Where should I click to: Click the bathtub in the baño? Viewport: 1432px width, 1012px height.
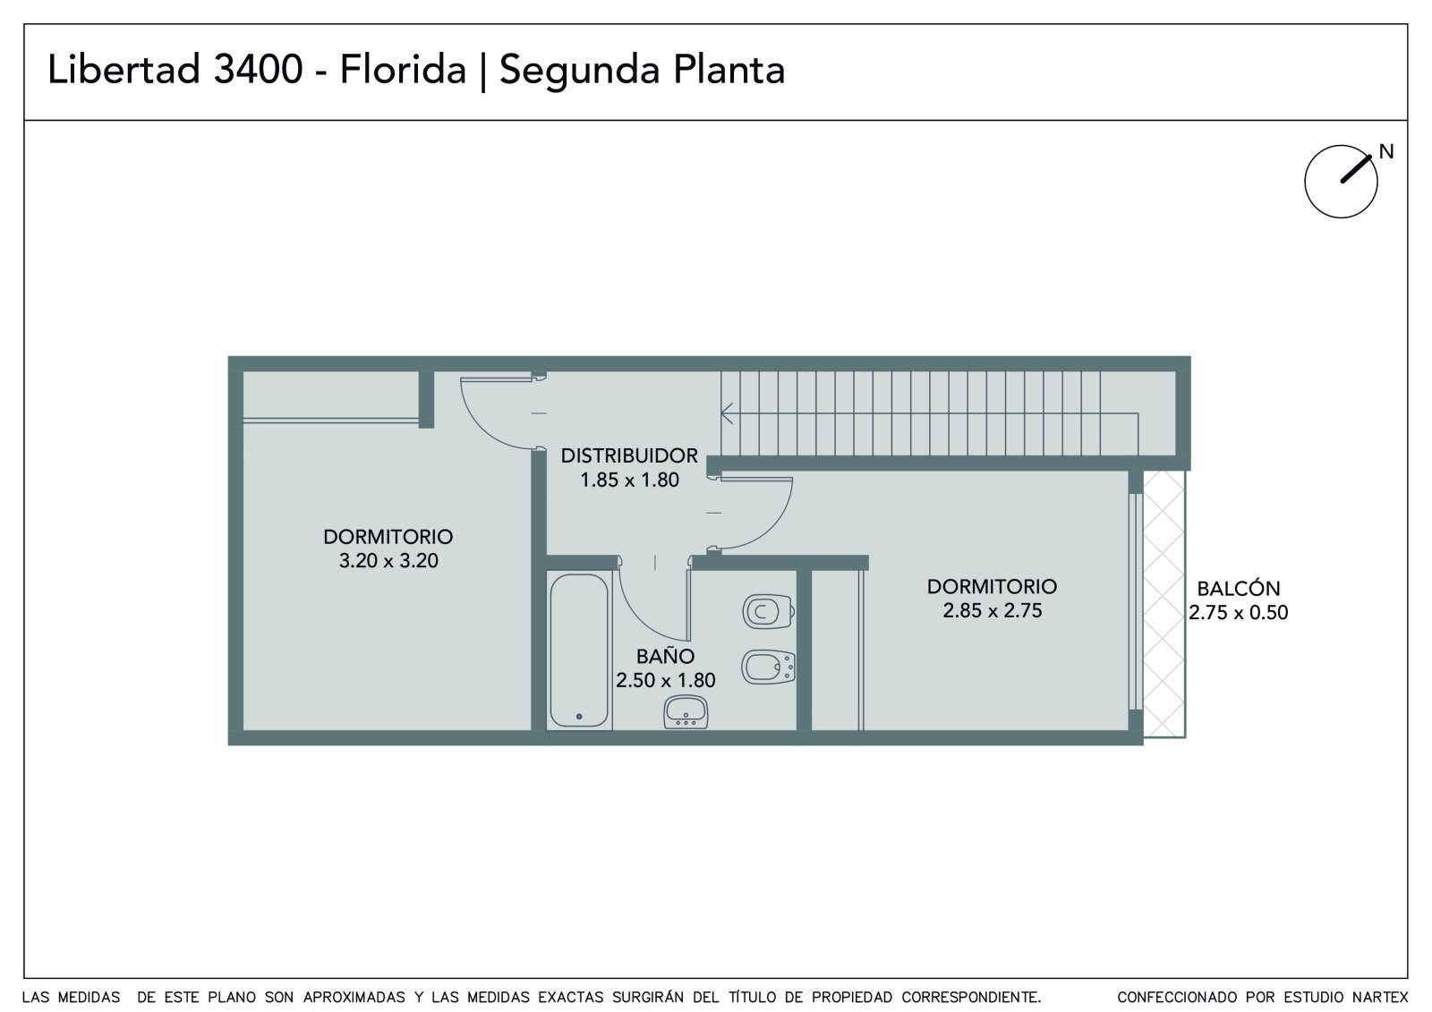pyautogui.click(x=578, y=651)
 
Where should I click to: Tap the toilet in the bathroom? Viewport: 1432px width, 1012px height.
pyautogui.click(x=768, y=612)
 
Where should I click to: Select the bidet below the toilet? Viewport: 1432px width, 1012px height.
pyautogui.click(x=768, y=668)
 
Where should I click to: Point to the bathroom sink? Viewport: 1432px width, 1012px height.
pyautogui.click(x=686, y=711)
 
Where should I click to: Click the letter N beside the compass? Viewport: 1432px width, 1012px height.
pyautogui.click(x=1386, y=151)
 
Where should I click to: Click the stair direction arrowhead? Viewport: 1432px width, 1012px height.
pyautogui.click(x=726, y=413)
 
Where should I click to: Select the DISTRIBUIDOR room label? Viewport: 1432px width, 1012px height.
pyautogui.click(x=629, y=455)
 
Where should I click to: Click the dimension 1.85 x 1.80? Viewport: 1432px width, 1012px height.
pyautogui.click(x=629, y=480)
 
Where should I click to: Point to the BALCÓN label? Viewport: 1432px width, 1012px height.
pyautogui.click(x=1239, y=588)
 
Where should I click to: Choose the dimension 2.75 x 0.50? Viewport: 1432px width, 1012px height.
pyautogui.click(x=1239, y=612)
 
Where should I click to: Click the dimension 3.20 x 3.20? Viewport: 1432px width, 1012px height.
pyautogui.click(x=388, y=561)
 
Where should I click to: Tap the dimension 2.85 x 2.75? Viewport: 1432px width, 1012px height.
pyautogui.click(x=993, y=610)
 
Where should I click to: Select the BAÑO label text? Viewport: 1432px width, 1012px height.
pyautogui.click(x=665, y=656)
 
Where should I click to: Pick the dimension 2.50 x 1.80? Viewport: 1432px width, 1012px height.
pyautogui.click(x=665, y=680)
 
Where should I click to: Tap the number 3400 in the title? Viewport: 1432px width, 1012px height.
pyautogui.click(x=258, y=70)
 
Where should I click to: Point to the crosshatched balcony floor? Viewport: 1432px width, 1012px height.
pyautogui.click(x=1164, y=604)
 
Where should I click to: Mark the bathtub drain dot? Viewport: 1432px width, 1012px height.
pyautogui.click(x=579, y=717)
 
